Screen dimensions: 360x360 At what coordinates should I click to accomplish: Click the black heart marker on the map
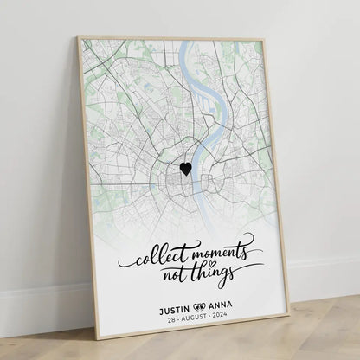click(x=185, y=169)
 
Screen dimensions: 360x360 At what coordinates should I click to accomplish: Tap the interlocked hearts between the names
click(x=202, y=305)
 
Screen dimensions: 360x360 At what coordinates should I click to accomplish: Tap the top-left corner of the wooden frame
click(x=78, y=38)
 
